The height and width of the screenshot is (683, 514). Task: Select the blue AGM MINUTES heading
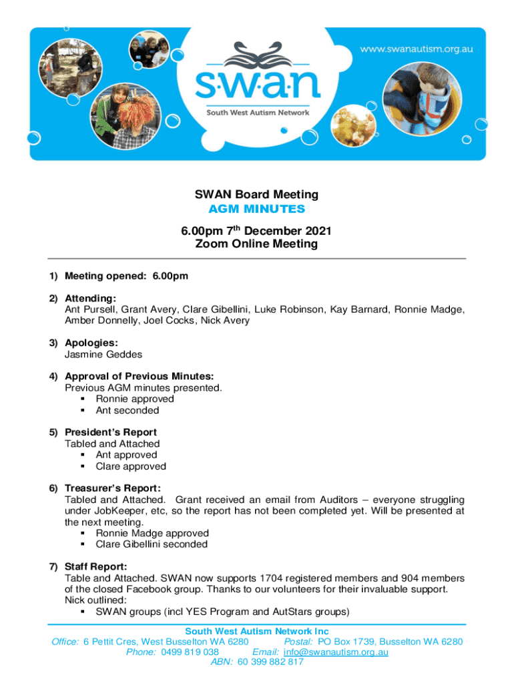(256, 209)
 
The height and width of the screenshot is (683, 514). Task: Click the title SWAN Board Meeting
(256, 195)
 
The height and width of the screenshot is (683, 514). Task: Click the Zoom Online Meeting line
(256, 244)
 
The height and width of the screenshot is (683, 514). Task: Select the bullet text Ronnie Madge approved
(152, 533)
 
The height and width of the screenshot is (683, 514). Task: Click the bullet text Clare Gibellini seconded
(152, 544)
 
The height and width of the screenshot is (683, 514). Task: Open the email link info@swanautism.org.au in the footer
(336, 652)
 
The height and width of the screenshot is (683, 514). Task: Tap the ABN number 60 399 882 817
(270, 662)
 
